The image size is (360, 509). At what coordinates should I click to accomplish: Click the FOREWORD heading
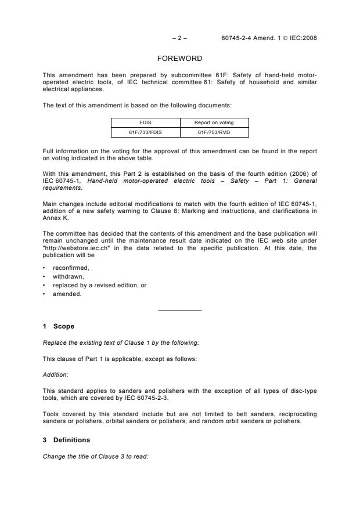coord(180,59)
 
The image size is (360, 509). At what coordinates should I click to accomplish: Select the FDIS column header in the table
coord(145,123)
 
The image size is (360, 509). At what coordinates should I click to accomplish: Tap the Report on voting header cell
coord(214,123)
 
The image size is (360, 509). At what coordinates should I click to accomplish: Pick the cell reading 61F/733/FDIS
coord(145,132)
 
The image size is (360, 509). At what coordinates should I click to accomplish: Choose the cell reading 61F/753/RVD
coord(214,132)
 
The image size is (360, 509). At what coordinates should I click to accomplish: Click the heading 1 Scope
coord(59,327)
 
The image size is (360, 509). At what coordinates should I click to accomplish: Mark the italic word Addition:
coord(55,374)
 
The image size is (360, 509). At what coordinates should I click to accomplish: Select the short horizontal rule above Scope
coord(180,310)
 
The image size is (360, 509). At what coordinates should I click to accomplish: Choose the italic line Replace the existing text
coord(105,342)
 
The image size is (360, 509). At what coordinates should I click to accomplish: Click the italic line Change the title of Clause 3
coord(96,456)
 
